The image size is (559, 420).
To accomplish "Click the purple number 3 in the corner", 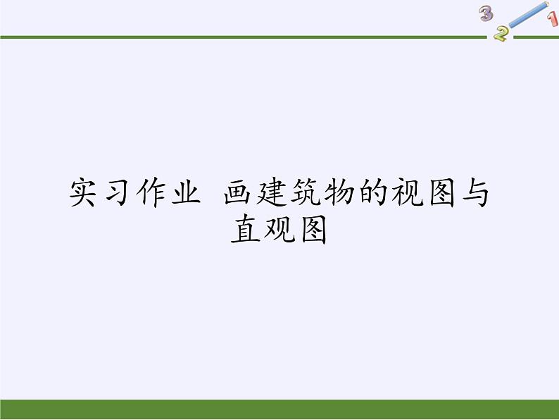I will tap(486, 13).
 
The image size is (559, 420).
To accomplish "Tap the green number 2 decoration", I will tap(501, 33).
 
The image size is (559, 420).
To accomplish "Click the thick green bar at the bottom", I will tap(279, 409).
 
